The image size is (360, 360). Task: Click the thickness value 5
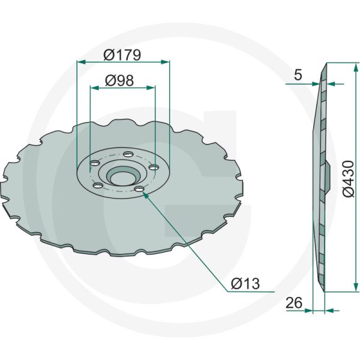coord(298,75)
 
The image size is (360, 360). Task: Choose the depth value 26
coord(293,303)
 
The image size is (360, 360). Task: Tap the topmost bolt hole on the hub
coord(128,155)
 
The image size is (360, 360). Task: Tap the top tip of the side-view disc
coord(325,64)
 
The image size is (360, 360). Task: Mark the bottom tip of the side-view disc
coord(324,291)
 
